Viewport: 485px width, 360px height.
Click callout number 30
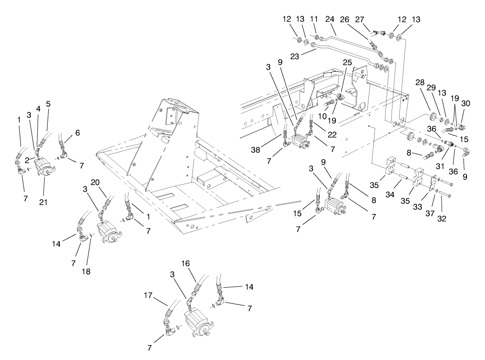point(466,104)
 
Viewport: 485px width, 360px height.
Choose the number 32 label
point(442,218)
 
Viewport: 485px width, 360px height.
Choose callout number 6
point(77,133)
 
